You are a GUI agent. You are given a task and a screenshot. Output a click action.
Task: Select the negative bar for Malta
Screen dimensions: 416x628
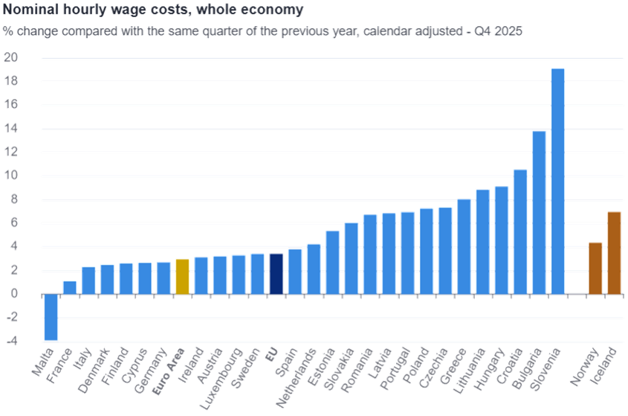[x=51, y=317]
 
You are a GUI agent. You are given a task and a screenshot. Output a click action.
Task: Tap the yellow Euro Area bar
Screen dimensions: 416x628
[x=182, y=276]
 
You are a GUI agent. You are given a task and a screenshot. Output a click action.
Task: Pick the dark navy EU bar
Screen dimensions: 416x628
[x=276, y=274]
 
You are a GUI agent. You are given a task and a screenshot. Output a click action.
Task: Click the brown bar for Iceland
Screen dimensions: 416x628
[x=613, y=253]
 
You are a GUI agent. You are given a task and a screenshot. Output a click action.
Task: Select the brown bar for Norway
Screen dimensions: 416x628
[x=595, y=268]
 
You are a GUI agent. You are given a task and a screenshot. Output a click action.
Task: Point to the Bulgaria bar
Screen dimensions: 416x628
[x=539, y=212]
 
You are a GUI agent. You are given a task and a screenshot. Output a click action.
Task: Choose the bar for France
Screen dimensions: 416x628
[x=70, y=287]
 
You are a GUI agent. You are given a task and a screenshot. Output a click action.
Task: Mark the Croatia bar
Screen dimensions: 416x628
[x=520, y=231]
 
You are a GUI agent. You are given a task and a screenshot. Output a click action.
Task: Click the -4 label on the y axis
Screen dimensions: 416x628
[x=12, y=342]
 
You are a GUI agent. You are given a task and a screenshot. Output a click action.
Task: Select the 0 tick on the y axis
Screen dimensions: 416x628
[x=13, y=294]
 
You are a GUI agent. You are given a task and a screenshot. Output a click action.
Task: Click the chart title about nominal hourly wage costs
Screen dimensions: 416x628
[x=152, y=10]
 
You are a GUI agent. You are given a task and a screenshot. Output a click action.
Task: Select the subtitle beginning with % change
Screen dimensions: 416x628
[x=262, y=31]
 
